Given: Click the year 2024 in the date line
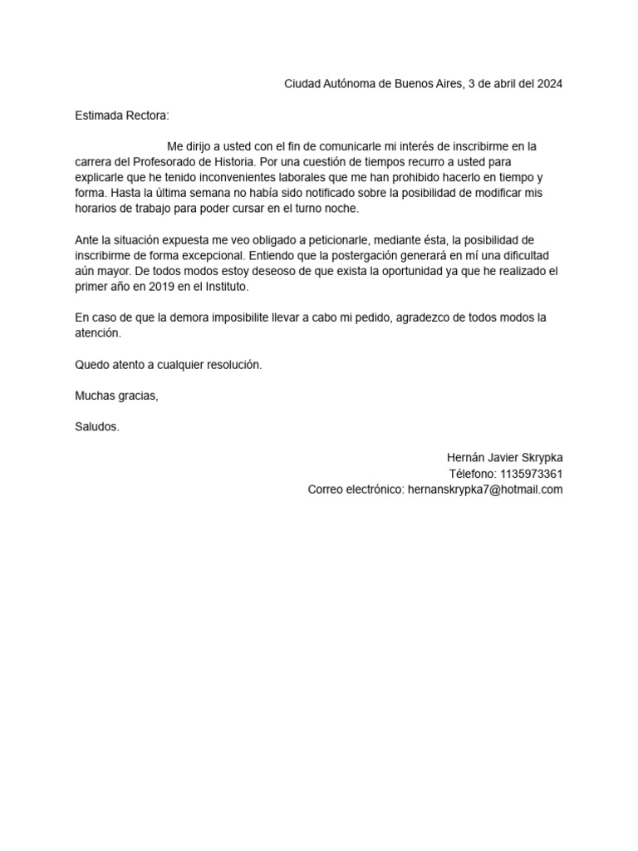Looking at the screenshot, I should [548, 84].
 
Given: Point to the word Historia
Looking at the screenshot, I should [233, 162].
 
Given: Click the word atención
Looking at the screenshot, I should [97, 333].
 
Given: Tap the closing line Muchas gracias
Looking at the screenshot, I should [116, 396].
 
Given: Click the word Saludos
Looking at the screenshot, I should [97, 427].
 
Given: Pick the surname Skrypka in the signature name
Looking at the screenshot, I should [540, 458].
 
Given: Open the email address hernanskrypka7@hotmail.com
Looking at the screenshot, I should [485, 489].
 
